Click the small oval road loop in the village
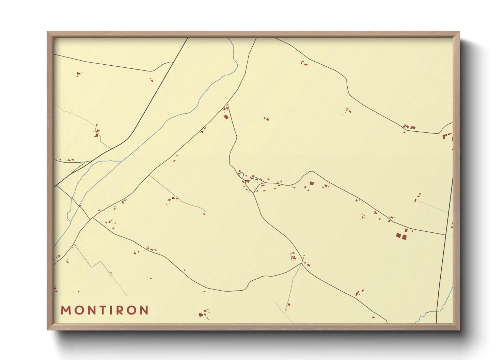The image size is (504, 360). [x=241, y=175]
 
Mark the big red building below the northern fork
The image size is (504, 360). [x=226, y=117]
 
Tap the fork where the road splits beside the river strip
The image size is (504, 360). [x=227, y=104]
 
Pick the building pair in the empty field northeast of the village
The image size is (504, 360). [x=266, y=119]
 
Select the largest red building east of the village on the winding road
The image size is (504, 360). [x=311, y=183]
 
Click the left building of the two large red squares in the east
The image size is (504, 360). [x=398, y=235]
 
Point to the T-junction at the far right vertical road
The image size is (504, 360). [x=445, y=235]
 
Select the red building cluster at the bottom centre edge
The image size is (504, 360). [x=204, y=313]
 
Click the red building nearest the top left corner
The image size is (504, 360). [x=78, y=73]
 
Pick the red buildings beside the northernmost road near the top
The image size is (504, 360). [x=304, y=63]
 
